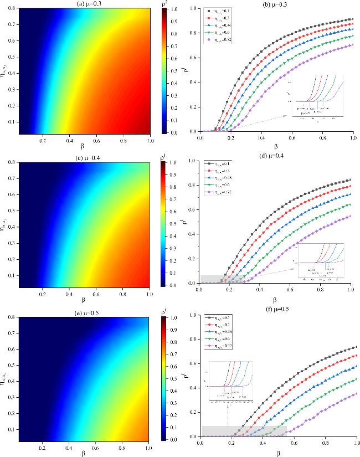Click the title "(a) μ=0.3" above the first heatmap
[x=83, y=4]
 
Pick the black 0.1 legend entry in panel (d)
[x=218, y=164]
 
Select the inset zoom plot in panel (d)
[x=321, y=260]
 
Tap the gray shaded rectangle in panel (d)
[x=223, y=279]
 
